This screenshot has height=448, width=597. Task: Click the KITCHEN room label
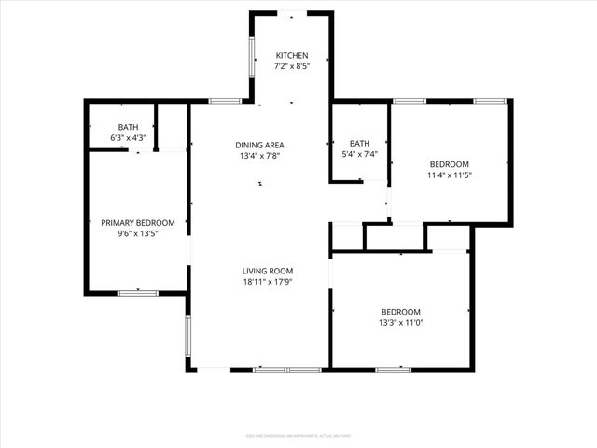point(292,56)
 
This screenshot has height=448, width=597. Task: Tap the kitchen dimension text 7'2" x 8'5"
point(292,67)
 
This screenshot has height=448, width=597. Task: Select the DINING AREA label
point(259,145)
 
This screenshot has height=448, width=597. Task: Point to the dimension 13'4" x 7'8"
point(259,156)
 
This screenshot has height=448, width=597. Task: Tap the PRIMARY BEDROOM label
point(138,223)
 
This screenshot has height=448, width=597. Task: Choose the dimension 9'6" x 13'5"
point(138,234)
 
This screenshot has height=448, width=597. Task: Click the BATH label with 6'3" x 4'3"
point(129,127)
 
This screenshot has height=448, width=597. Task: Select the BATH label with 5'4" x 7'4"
point(359,143)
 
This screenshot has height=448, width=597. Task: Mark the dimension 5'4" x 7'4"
point(359,154)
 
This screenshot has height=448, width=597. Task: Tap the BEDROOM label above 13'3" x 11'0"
point(400,312)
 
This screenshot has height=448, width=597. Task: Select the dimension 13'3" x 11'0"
point(400,323)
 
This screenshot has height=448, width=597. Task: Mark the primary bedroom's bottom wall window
point(137,293)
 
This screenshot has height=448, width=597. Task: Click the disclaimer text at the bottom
point(298,434)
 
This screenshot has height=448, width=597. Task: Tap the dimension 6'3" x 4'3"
point(129,138)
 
